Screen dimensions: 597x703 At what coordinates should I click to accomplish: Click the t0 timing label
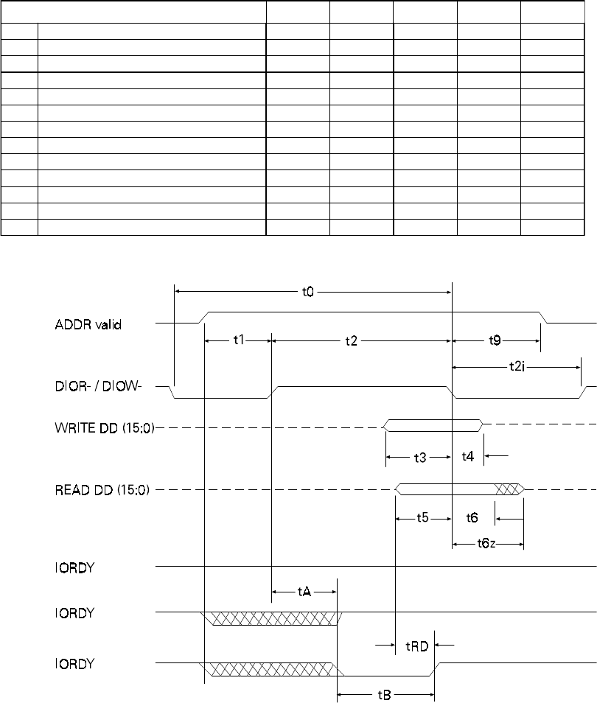pos(307,292)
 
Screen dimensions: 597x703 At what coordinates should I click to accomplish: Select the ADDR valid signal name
pos(88,324)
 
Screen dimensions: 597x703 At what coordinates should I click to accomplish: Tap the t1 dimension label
pos(239,340)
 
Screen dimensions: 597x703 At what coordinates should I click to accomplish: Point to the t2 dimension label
pos(352,341)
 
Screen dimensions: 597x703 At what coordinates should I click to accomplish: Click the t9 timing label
pos(495,340)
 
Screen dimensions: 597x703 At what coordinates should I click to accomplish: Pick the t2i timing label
pos(517,367)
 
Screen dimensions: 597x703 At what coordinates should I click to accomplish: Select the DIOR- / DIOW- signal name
pos(98,386)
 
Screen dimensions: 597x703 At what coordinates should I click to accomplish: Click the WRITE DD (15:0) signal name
pos(105,427)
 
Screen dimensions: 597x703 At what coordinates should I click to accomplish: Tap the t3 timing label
pos(420,458)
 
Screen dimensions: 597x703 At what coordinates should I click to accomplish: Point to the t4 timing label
pos(468,456)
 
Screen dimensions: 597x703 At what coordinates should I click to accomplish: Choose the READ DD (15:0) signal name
pos(102,489)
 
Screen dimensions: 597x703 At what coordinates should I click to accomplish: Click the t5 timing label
pos(422,518)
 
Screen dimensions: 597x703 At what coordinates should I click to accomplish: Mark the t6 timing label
pos(472,518)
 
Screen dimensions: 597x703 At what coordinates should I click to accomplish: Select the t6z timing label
pos(486,545)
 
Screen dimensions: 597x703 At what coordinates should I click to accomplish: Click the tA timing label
pos(304,592)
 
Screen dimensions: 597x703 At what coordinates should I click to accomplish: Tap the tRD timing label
pos(417,646)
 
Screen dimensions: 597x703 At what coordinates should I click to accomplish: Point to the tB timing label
pos(384,696)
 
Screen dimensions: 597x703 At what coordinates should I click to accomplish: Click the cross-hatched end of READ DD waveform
pos(509,489)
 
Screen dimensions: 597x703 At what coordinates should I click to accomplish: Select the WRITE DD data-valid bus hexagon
pos(433,425)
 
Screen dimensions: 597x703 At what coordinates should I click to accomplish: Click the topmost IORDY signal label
pos(74,567)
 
